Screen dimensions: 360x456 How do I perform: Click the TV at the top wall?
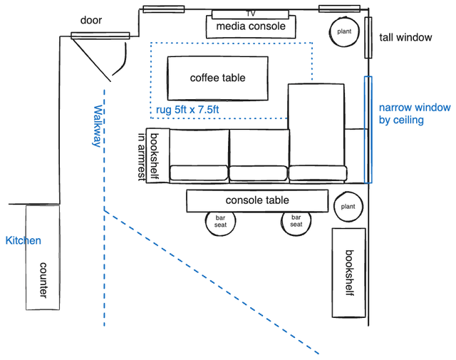[x=250, y=14]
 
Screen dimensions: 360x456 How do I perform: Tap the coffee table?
[x=217, y=78]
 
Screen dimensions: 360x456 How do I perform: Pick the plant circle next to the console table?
[x=348, y=207]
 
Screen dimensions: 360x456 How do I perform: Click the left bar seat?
[x=220, y=221]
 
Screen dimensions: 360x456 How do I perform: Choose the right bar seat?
[x=296, y=221]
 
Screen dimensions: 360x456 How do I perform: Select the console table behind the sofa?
[x=256, y=201]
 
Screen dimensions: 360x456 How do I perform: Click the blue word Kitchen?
[x=23, y=241]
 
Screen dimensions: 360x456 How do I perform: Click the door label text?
[x=91, y=20]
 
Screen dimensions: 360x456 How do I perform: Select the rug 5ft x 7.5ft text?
[x=188, y=110]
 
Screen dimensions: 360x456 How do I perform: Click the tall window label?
[x=405, y=37]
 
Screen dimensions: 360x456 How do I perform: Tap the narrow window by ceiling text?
[x=414, y=114]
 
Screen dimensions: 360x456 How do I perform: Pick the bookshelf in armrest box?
[x=151, y=155]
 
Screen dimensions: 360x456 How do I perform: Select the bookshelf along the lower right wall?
[x=348, y=273]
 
